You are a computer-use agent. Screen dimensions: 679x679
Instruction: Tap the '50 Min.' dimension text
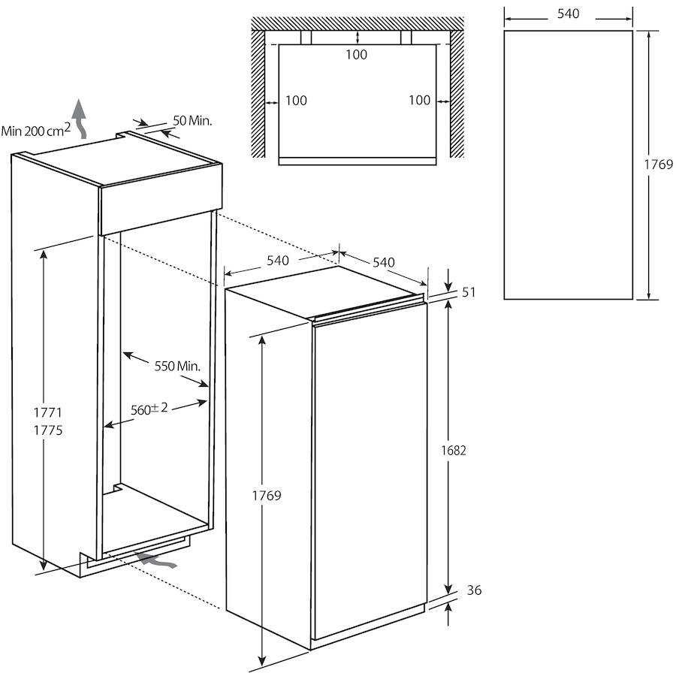click(193, 120)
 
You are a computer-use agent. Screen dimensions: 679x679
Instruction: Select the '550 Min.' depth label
click(177, 366)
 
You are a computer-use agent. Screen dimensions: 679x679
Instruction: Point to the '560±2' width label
click(149, 409)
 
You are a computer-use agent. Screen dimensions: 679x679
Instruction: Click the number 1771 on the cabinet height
click(47, 412)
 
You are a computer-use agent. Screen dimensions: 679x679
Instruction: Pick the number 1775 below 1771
click(47, 431)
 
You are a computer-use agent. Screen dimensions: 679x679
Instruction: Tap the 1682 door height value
click(454, 451)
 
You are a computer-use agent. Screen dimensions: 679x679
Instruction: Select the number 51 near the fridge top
click(469, 292)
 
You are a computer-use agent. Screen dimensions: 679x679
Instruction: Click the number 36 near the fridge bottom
click(474, 590)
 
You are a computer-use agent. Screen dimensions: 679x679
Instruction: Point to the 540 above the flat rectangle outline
click(568, 14)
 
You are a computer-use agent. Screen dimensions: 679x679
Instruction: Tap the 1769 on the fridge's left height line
click(266, 496)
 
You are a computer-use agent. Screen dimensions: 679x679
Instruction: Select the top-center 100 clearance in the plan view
click(357, 55)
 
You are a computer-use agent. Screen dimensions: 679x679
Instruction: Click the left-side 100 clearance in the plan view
click(296, 101)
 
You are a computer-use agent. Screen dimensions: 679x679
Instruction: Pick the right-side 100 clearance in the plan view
click(420, 101)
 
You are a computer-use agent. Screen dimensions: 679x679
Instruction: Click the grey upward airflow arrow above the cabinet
click(80, 116)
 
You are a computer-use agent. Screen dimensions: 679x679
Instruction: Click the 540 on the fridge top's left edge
click(278, 261)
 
